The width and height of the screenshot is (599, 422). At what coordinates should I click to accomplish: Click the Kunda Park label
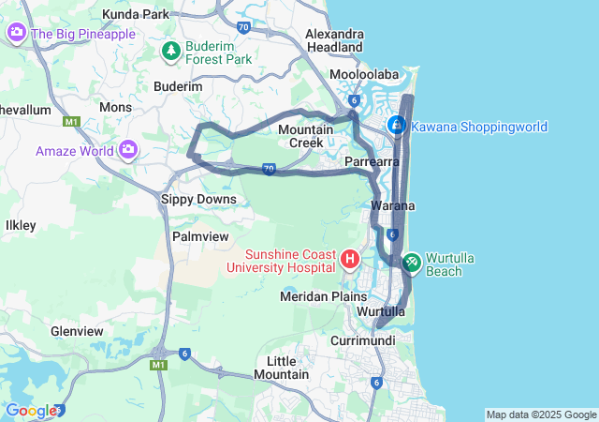click(x=137, y=15)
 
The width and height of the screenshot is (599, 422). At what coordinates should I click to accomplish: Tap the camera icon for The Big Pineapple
click(x=17, y=34)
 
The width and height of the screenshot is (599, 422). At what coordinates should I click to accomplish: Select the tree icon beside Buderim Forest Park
click(x=172, y=49)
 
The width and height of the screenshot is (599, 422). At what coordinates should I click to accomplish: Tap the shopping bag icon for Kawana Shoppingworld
click(x=397, y=125)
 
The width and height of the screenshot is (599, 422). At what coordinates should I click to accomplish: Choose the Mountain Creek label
click(x=301, y=136)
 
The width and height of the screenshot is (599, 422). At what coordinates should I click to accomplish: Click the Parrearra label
click(x=373, y=162)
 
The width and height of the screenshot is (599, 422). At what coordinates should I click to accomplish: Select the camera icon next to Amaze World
click(x=128, y=150)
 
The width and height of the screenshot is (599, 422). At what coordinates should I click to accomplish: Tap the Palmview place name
click(x=200, y=236)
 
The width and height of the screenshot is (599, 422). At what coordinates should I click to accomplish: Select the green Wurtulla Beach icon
click(x=411, y=264)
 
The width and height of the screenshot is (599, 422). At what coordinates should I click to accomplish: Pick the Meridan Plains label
click(x=324, y=296)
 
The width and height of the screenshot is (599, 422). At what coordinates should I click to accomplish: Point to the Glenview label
click(x=77, y=331)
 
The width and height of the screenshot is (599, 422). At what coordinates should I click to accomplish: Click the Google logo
click(x=30, y=410)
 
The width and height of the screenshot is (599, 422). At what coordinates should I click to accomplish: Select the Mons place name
click(x=116, y=107)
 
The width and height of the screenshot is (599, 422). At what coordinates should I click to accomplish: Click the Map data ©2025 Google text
click(x=540, y=414)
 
